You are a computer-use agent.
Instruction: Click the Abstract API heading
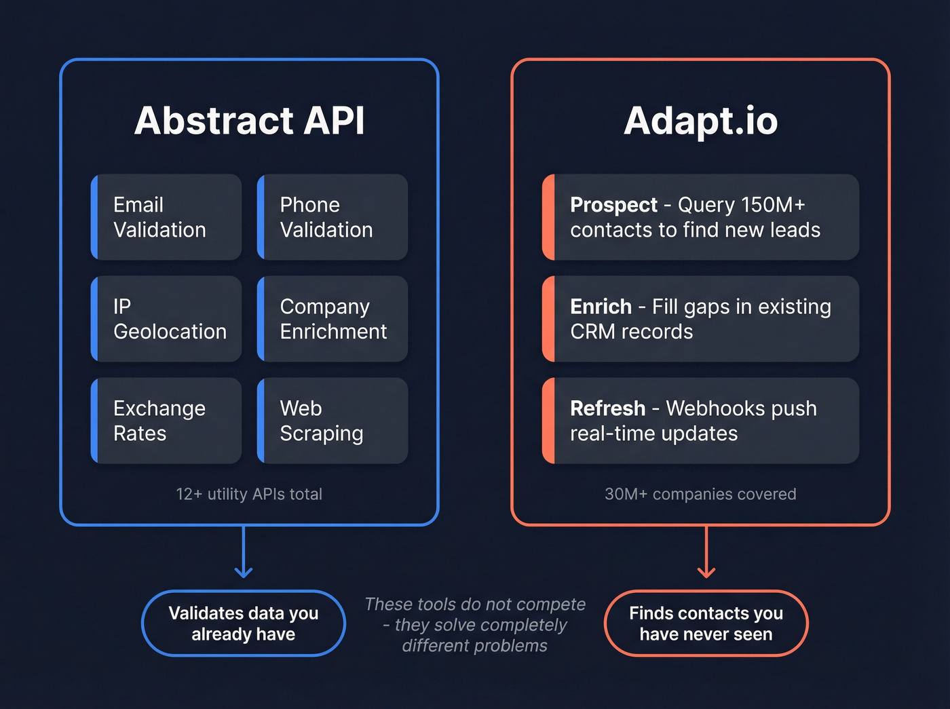pyautogui.click(x=250, y=121)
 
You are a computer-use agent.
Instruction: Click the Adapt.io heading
pyautogui.click(x=700, y=121)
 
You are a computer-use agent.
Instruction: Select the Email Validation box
pyautogui.click(x=167, y=217)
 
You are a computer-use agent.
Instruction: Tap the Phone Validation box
pyautogui.click(x=332, y=217)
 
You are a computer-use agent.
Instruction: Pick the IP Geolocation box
pyautogui.click(x=167, y=319)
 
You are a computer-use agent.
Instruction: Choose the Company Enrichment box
pyautogui.click(x=332, y=319)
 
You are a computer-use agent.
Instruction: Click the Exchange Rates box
pyautogui.click(x=167, y=421)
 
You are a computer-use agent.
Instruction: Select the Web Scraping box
pyautogui.click(x=332, y=421)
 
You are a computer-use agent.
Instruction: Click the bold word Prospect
pyautogui.click(x=613, y=205)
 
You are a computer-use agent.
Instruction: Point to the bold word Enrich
pyautogui.click(x=601, y=307)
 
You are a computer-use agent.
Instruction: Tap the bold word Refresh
pyautogui.click(x=607, y=408)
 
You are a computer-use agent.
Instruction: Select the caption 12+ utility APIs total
pyautogui.click(x=249, y=494)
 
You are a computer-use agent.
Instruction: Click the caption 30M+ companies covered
pyautogui.click(x=700, y=494)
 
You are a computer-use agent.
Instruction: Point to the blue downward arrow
pyautogui.click(x=244, y=553)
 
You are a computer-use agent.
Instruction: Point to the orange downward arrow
pyautogui.click(x=706, y=553)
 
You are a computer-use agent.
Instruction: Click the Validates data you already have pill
pyautogui.click(x=244, y=624)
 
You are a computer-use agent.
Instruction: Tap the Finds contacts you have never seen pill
pyautogui.click(x=706, y=624)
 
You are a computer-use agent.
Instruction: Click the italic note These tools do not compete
pyautogui.click(x=475, y=624)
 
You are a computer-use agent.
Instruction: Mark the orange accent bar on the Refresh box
pyautogui.click(x=548, y=421)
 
